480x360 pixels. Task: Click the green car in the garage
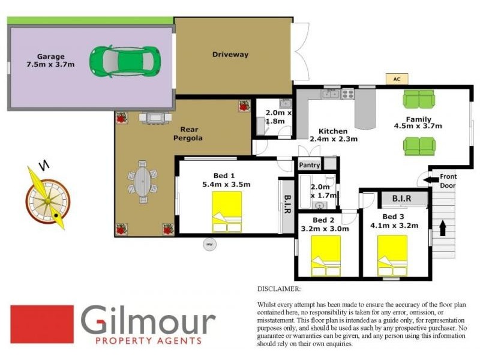125,61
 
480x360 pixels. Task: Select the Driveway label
230,55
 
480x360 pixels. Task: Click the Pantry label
310,164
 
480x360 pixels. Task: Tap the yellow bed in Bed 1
227,211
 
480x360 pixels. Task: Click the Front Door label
448,181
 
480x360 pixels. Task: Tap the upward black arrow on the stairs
443,228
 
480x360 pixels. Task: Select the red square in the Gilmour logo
42,324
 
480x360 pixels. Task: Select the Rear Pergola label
191,133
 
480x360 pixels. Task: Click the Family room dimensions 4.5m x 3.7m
418,126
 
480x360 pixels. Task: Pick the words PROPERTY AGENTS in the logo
148,341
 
